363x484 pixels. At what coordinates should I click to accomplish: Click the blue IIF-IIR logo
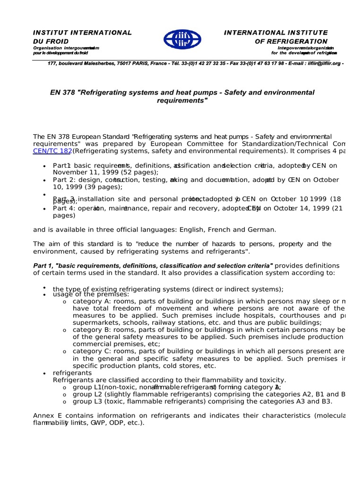pyautogui.click(x=182, y=39)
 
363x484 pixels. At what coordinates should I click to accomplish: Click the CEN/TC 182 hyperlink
pyautogui.click(x=52, y=151)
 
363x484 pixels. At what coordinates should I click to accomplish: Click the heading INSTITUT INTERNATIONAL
pyautogui.click(x=82, y=33)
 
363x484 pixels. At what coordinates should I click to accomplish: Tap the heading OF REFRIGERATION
pyautogui.click(x=291, y=42)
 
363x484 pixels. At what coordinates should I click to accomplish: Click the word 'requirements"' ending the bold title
pyautogui.click(x=182, y=101)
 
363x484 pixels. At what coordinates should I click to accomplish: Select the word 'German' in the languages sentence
pyautogui.click(x=260, y=229)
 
